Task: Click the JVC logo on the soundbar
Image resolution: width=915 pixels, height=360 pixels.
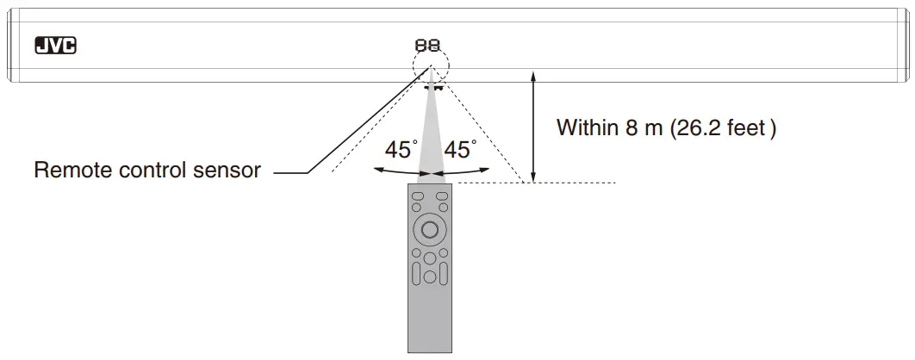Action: pos(55,46)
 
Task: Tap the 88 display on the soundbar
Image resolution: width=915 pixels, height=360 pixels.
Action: pos(427,45)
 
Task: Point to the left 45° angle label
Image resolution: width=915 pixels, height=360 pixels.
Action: pos(401,150)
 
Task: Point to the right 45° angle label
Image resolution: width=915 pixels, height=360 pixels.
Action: pos(460,150)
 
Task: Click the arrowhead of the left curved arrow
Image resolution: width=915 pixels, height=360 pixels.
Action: pos(378,170)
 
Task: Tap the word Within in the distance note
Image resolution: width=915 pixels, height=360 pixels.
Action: pos(588,127)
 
